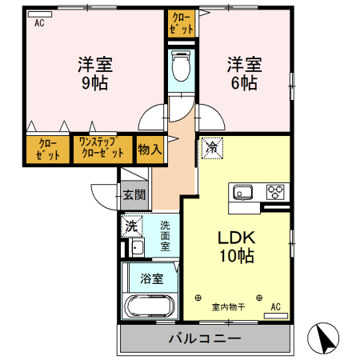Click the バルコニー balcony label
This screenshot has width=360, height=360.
204,338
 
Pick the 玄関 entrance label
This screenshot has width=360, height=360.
134,194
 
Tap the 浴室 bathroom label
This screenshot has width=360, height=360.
152,278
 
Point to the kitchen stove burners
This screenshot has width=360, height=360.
276,191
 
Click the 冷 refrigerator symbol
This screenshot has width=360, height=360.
211,146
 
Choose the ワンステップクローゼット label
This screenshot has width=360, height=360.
102,149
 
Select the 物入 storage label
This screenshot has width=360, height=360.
150,149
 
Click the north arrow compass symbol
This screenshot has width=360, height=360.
323,339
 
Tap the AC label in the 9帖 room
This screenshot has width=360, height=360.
38,23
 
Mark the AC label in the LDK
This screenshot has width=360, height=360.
275,306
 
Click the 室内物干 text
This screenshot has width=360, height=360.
228,306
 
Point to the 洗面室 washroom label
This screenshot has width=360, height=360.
165,236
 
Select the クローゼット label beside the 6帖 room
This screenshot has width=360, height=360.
182,22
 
